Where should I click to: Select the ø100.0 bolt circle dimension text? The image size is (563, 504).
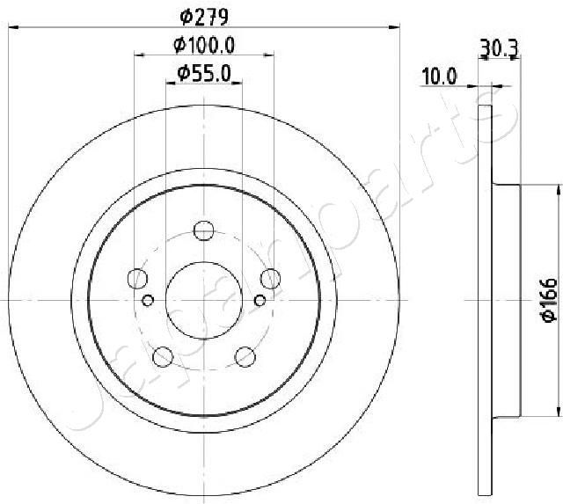[x=203, y=44]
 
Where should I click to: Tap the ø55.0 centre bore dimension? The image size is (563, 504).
[x=203, y=74]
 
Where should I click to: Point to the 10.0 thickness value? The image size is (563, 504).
[x=440, y=76]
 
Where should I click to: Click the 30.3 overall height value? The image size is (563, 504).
[x=499, y=49]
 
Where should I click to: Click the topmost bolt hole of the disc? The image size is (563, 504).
[x=204, y=231]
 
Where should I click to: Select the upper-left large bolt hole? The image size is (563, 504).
[x=138, y=280]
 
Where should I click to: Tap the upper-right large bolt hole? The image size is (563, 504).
[x=270, y=280]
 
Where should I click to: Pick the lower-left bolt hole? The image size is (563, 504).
[x=164, y=356]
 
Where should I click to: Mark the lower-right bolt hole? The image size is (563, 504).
[x=245, y=356]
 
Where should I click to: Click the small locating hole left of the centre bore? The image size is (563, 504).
[x=149, y=301]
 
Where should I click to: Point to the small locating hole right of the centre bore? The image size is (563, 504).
[x=260, y=301]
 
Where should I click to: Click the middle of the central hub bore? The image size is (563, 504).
[x=204, y=301]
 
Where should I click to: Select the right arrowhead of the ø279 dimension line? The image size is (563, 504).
[x=395, y=28]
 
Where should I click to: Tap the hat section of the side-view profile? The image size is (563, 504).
[x=506, y=301]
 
